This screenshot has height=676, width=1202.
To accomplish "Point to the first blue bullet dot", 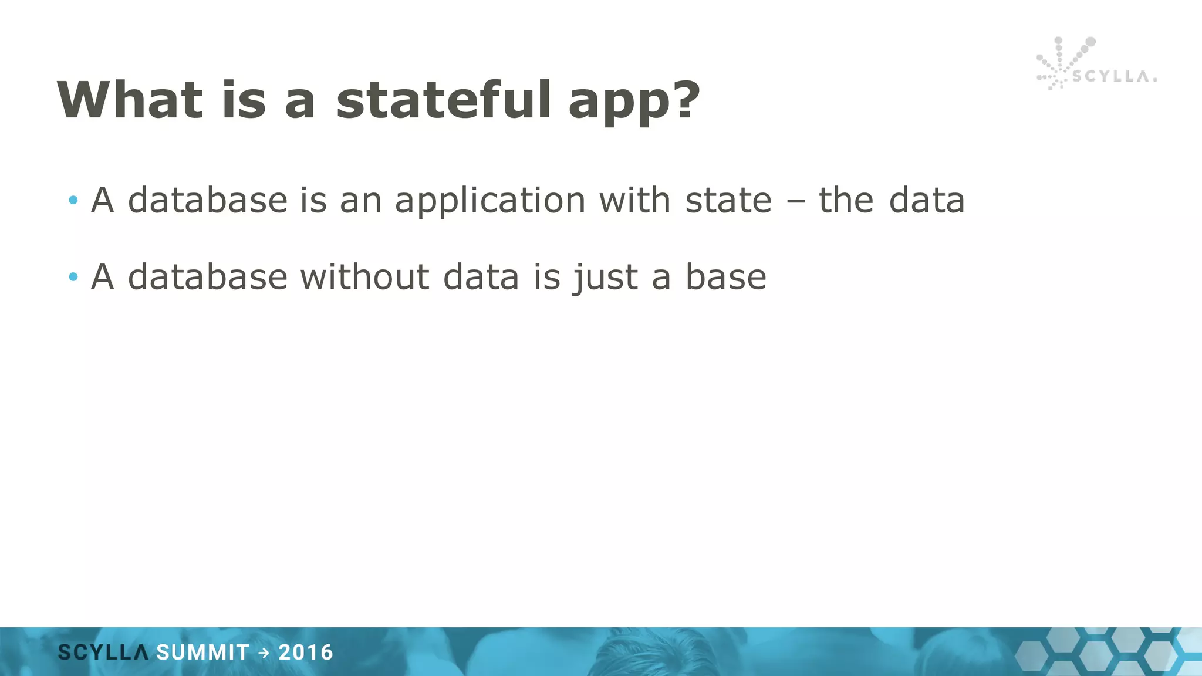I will [73, 201].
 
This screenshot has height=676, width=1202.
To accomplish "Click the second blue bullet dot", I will [73, 277].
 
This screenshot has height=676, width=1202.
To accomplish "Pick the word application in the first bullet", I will [490, 201].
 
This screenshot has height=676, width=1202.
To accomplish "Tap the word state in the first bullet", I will [728, 201].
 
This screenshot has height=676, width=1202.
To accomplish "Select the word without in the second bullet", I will [364, 277].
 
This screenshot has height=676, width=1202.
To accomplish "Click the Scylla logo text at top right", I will [1114, 77].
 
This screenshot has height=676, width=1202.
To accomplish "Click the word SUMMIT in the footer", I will [203, 653].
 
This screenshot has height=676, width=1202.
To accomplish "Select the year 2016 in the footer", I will [306, 653].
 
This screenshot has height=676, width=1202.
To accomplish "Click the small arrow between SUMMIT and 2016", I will [264, 653].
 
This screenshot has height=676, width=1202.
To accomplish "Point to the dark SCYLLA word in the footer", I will [103, 653].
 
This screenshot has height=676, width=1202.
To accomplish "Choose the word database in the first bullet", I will [208, 201].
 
